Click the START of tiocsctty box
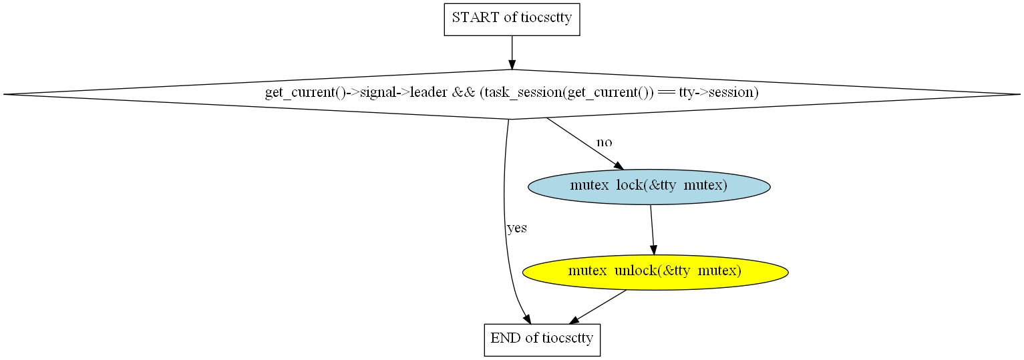pos(512,19)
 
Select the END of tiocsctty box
pos(542,340)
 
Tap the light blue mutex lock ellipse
pos(649,186)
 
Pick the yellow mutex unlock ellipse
pos(655,273)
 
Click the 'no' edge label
pos(604,142)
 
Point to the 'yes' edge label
pos(517,228)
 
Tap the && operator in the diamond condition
pos(464,92)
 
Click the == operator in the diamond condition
pos(666,93)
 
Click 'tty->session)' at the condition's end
pos(719,93)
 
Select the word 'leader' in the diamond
pos(428,92)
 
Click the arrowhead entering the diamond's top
pos(512,64)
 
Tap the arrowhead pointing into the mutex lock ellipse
pos(619,166)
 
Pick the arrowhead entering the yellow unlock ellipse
pos(653,250)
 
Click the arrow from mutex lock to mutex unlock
pos(652,230)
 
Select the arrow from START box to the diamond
pos(512,53)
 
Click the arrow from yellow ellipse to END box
pos(597,307)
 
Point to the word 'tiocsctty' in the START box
pos(546,18)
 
